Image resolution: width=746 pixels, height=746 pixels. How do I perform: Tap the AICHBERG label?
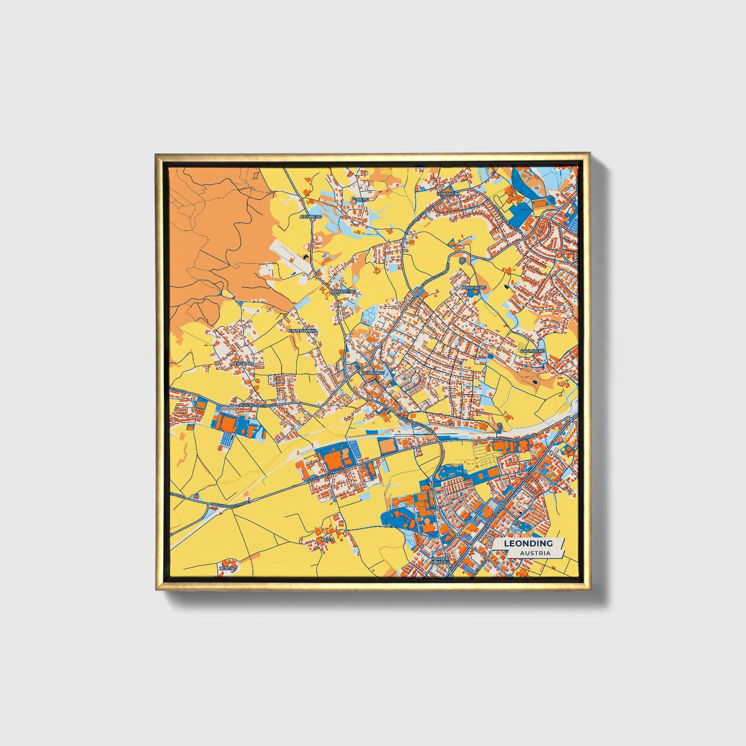tap(310, 217)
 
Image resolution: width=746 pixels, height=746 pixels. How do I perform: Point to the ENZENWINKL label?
tap(303, 330)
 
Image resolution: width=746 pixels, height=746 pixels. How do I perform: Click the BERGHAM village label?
tap(242, 363)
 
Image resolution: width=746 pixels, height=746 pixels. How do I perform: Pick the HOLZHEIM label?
tap(448, 193)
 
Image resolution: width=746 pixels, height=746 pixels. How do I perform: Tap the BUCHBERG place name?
tap(474, 287)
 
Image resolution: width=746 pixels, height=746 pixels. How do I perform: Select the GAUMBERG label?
tap(532, 351)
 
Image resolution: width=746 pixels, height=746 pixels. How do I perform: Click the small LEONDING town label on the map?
tap(373, 372)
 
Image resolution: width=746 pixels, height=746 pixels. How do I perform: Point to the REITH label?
tap(328, 539)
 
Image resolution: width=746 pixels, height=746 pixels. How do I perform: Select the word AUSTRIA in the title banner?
tap(535, 553)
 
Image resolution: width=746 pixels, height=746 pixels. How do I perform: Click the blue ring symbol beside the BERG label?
tap(354, 199)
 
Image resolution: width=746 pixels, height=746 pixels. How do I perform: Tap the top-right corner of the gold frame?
tap(589, 154)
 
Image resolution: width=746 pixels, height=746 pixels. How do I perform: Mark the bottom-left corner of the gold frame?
tap(157, 589)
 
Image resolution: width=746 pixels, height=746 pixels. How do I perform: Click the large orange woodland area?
tap(217, 232)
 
